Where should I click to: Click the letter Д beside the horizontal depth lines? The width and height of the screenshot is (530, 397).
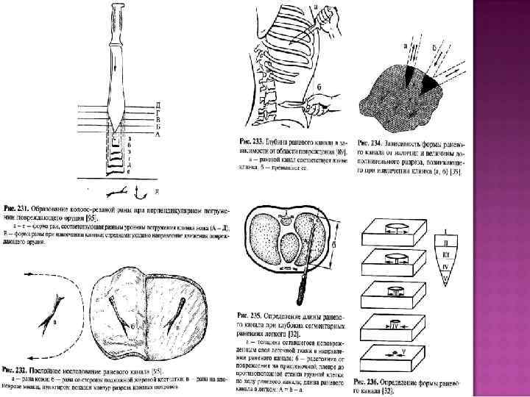(157, 104)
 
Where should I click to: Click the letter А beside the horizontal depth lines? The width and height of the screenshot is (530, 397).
(157, 135)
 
